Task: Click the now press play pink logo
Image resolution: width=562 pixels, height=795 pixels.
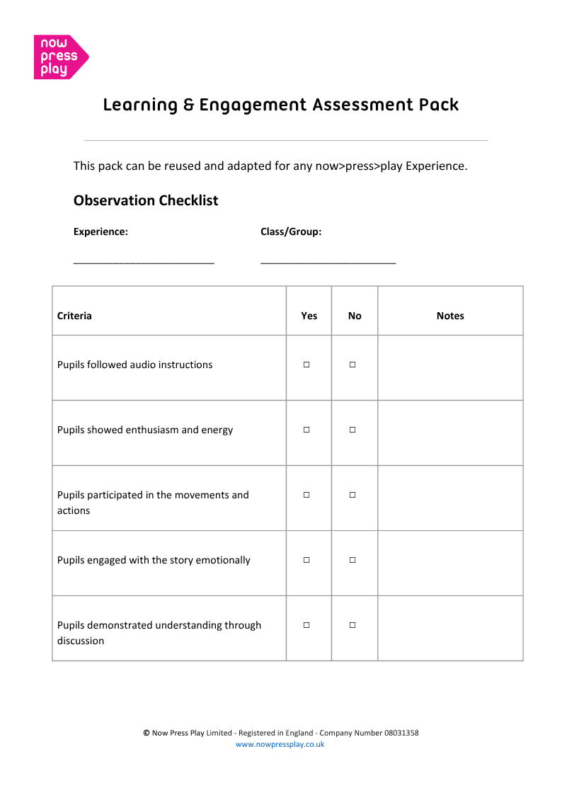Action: [60, 57]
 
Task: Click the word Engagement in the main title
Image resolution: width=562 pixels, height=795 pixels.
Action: [253, 105]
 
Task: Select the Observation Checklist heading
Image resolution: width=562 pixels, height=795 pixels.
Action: [146, 200]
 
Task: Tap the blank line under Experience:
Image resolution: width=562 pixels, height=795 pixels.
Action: [144, 263]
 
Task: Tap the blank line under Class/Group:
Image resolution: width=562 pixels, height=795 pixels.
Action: [328, 263]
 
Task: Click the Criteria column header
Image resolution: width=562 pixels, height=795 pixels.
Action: [74, 316]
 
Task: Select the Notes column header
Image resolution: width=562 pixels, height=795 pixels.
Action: [450, 316]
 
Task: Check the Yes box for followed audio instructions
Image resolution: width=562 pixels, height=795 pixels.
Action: [306, 365]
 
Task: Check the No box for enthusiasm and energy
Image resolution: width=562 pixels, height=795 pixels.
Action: [352, 430]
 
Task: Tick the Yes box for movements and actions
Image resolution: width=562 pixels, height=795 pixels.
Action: [306, 495]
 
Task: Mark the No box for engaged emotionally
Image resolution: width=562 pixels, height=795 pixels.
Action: [352, 560]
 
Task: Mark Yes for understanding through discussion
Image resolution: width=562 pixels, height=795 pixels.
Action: [306, 625]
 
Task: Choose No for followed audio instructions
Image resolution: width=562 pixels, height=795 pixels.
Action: [352, 365]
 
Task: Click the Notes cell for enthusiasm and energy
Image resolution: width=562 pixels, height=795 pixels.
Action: [450, 433]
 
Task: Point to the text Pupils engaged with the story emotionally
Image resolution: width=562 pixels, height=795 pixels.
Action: [154, 560]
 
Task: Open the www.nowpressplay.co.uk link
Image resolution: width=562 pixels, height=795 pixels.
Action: [280, 744]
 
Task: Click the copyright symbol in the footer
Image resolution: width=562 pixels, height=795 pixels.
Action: [146, 733]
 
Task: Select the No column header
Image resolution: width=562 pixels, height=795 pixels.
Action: [355, 316]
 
